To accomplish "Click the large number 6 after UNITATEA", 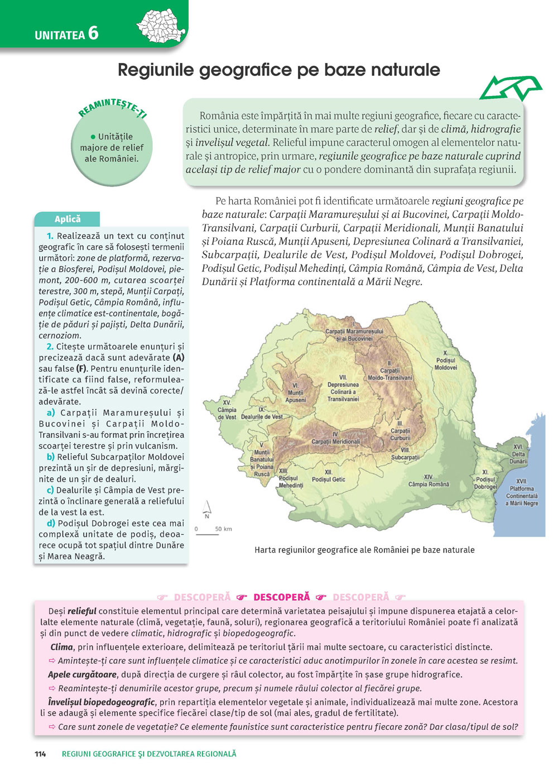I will tap(93, 33).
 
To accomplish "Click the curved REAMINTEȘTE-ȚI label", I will tap(112, 107).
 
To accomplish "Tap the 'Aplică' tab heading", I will tap(68, 219).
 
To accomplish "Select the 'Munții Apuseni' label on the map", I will tap(296, 393).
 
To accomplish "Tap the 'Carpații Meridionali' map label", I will tap(335, 438).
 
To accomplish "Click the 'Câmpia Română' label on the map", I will tap(429, 481).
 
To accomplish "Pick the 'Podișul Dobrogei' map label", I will tap(485, 480).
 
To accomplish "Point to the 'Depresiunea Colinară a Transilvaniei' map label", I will tap(343, 389).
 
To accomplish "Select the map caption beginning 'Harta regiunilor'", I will tap(364, 550).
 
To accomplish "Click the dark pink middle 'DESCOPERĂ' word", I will tap(281, 597).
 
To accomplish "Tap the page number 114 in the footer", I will tap(40, 754).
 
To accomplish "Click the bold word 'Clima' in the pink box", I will tap(61, 647).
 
